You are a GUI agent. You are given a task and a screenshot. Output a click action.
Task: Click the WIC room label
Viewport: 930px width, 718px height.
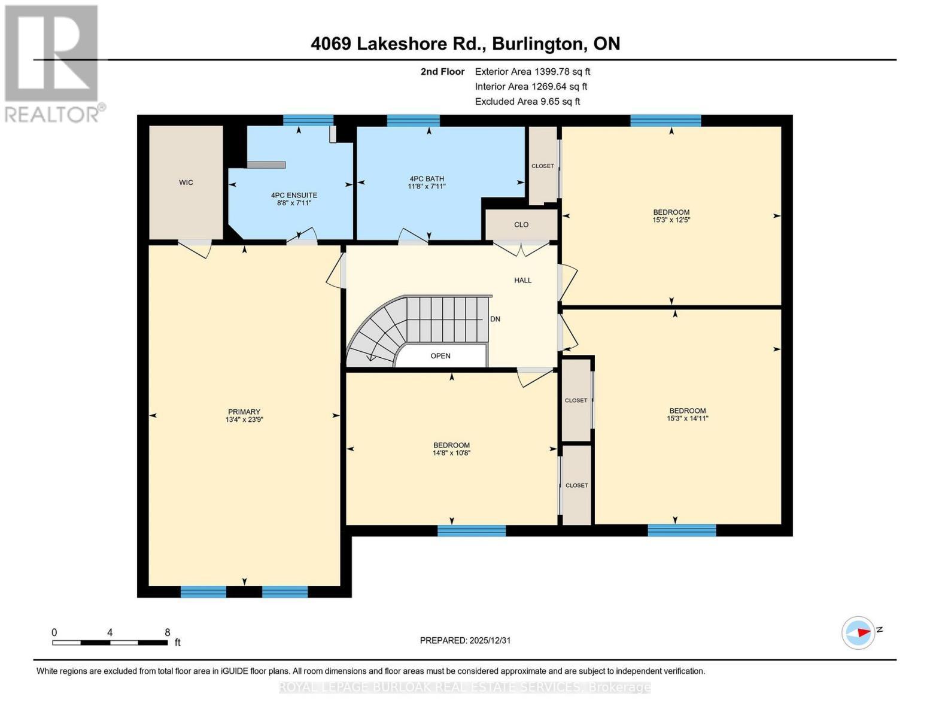186,182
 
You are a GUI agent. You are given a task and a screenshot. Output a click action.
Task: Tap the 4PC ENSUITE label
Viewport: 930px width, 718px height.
294,195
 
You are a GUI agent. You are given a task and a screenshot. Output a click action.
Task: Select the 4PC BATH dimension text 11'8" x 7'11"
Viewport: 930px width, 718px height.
426,187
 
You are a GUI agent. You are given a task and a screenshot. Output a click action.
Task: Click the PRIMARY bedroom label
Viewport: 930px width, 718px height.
244,412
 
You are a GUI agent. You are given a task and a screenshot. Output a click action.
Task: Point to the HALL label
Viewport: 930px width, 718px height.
522,280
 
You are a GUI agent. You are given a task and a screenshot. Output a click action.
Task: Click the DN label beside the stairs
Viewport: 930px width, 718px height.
495,319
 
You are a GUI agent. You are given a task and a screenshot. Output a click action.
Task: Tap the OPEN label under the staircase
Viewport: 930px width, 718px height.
440,356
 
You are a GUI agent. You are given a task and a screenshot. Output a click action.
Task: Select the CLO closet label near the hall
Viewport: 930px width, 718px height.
521,225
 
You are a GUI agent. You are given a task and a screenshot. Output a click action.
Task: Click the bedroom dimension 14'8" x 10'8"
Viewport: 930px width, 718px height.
451,454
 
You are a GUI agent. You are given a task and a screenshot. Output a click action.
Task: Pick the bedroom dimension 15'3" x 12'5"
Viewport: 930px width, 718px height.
671,220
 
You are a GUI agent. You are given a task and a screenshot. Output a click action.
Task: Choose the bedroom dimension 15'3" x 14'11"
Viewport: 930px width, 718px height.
687,419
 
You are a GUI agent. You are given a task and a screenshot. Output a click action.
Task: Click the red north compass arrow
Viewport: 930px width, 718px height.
862,632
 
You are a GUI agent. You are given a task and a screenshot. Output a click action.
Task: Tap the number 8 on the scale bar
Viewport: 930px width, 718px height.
168,632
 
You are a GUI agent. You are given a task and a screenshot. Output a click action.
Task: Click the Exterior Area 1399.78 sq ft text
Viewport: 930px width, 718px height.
533,72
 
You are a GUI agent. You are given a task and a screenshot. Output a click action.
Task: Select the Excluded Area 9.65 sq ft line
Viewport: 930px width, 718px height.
527,102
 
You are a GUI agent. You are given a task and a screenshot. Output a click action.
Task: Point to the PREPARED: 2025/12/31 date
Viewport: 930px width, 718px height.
465,640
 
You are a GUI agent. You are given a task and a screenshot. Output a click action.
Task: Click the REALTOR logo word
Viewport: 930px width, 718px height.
53,114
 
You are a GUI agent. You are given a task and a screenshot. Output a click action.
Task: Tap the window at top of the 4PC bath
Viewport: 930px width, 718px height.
413,121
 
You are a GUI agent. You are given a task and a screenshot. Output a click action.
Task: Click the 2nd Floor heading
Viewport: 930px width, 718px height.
442,72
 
